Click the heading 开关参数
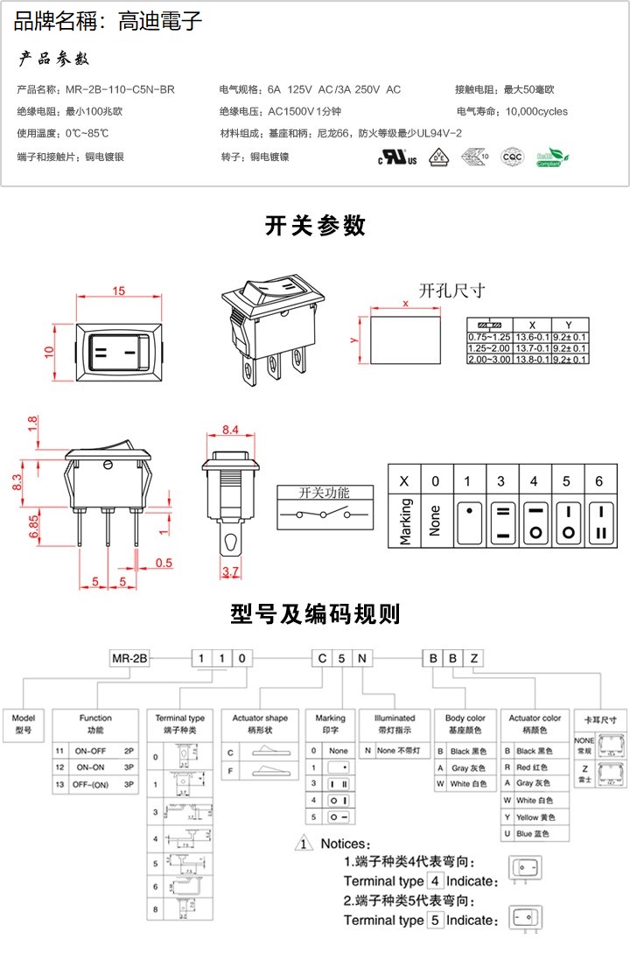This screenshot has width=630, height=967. click(x=315, y=226)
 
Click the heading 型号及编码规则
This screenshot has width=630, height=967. click(x=315, y=613)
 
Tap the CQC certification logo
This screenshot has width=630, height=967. click(x=511, y=157)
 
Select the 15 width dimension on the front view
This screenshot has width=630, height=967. click(x=119, y=291)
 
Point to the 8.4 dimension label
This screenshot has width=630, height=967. click(x=230, y=431)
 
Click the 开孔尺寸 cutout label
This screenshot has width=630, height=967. click(x=451, y=291)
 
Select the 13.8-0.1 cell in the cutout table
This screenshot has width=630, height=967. click(x=532, y=360)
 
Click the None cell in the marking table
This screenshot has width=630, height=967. click(x=436, y=522)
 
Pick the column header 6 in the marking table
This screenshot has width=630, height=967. click(x=598, y=481)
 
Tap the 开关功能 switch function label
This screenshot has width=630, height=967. click(x=324, y=492)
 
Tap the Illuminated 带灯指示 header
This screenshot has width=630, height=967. click(x=395, y=723)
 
